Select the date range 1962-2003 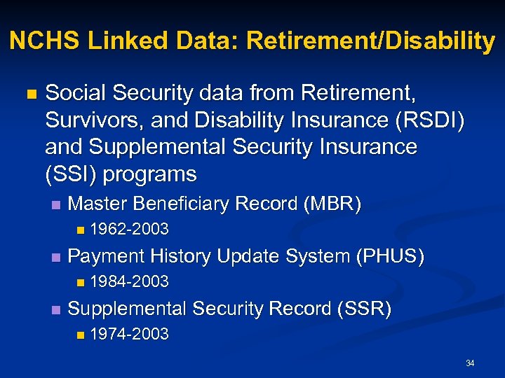point(130,229)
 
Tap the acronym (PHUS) point(389,256)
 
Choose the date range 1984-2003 point(130,281)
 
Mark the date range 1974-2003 point(130,334)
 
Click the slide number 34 point(470,363)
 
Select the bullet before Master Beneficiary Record point(56,204)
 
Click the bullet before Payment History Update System point(56,257)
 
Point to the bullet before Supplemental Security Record point(56,309)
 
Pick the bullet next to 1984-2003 point(81,282)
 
